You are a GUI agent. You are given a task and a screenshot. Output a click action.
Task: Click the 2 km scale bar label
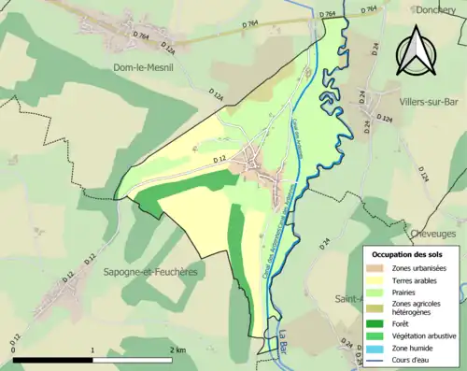point(177,350)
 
